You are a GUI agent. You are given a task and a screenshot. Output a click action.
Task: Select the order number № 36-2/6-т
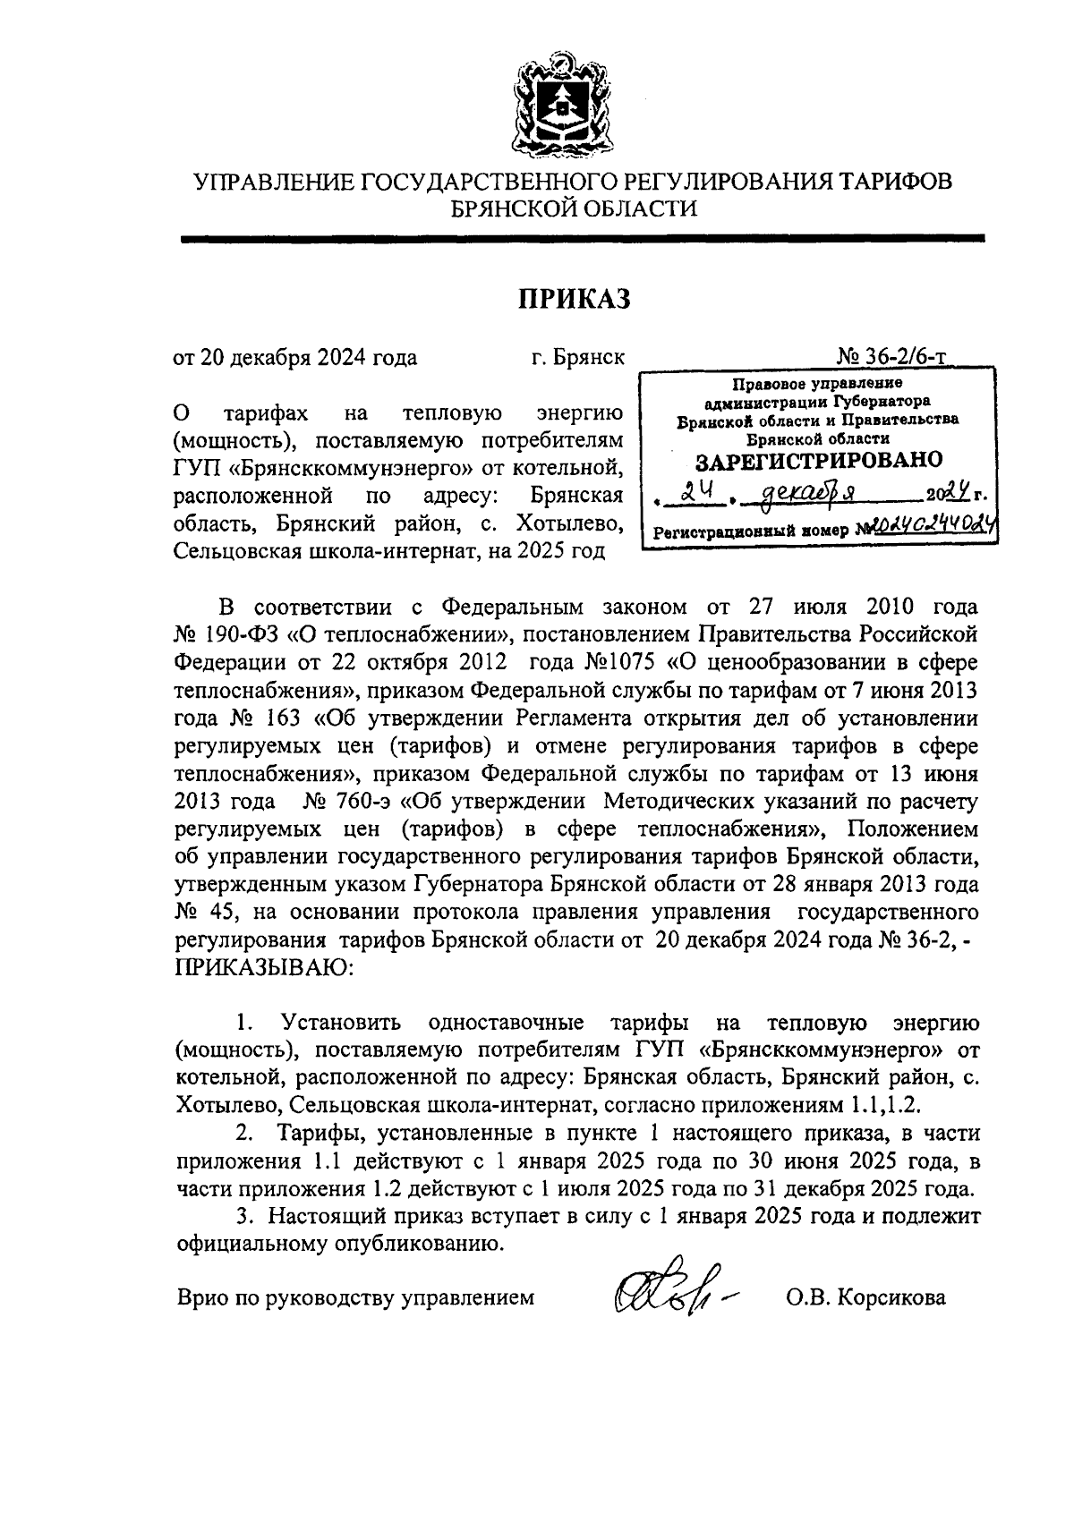point(892,357)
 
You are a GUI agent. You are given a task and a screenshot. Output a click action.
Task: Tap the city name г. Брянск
point(576,358)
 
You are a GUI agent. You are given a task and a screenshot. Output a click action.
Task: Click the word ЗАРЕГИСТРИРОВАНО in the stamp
point(819,461)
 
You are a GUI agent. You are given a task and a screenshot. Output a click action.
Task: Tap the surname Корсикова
point(890,1296)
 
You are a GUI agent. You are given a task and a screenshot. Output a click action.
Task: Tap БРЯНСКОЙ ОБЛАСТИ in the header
point(574,208)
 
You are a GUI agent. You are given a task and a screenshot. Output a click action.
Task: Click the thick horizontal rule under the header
point(582,239)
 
